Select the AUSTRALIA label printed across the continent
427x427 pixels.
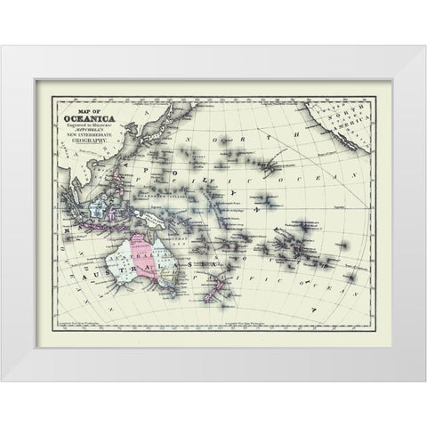pyautogui.click(x=125, y=267)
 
